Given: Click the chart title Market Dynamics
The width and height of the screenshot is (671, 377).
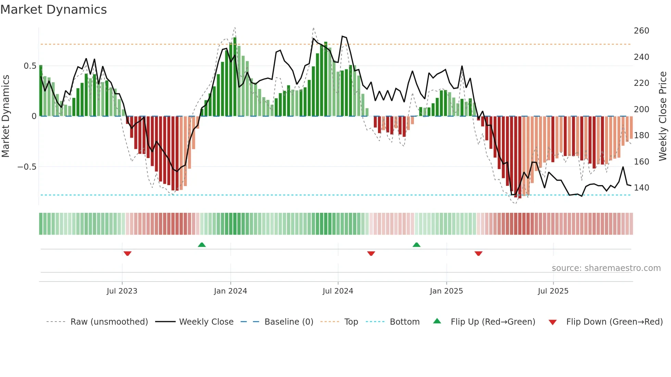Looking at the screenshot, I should [x=53, y=10].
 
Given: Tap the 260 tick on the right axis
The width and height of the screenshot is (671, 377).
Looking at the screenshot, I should [x=641, y=31].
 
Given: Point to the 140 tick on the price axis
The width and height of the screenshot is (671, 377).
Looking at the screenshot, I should [x=641, y=188].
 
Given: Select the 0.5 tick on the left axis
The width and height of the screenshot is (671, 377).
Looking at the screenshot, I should [x=30, y=66].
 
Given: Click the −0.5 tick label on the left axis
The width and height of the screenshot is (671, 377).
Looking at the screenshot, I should [x=27, y=167].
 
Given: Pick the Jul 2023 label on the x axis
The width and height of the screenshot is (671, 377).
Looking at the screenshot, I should [x=122, y=291].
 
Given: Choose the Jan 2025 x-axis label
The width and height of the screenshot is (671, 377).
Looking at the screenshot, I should [x=446, y=291].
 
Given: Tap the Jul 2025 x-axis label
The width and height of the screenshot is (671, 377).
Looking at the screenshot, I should [x=553, y=291].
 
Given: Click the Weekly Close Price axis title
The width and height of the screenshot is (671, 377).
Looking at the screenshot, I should [x=663, y=116].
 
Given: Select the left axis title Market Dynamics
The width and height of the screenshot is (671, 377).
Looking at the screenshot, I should [x=5, y=116].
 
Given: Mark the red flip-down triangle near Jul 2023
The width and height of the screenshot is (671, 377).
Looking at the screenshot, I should [x=127, y=253].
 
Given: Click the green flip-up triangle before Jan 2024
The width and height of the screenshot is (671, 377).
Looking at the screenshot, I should [x=202, y=245].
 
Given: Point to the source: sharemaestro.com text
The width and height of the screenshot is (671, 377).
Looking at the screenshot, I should [x=606, y=268].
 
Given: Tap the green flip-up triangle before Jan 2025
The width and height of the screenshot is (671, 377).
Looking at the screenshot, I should [x=416, y=245].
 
